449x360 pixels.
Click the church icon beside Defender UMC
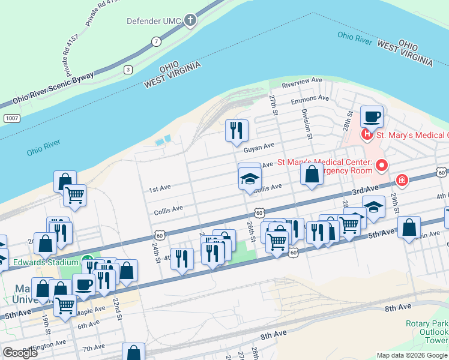[190, 22]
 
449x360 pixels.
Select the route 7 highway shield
[156, 41]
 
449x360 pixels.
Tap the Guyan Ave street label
[259, 145]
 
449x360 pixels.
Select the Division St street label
[307, 124]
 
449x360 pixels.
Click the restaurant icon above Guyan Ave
[237, 129]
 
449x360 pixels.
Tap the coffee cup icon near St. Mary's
[372, 116]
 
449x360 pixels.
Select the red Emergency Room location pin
[381, 164]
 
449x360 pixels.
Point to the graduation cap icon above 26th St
[250, 177]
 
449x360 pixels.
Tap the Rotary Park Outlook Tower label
[427, 332]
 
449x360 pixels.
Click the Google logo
[20, 353]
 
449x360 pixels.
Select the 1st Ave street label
[160, 188]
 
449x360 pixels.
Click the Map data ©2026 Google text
[411, 355]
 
